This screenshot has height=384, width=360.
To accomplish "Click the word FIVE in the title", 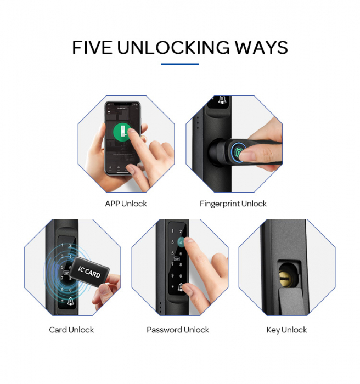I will pos(94,47).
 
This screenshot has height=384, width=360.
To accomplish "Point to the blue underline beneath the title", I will pos(180,64).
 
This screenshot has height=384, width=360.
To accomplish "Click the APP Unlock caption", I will pos(126,204).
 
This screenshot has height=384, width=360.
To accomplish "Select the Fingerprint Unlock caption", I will pos(233,204).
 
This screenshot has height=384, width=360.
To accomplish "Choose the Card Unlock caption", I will pos(71,330).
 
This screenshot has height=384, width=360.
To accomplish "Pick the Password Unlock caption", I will pos(178,330).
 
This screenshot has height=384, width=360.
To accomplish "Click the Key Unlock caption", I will pos(286,330).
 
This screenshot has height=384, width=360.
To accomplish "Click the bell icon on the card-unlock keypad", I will pos(71,301).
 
